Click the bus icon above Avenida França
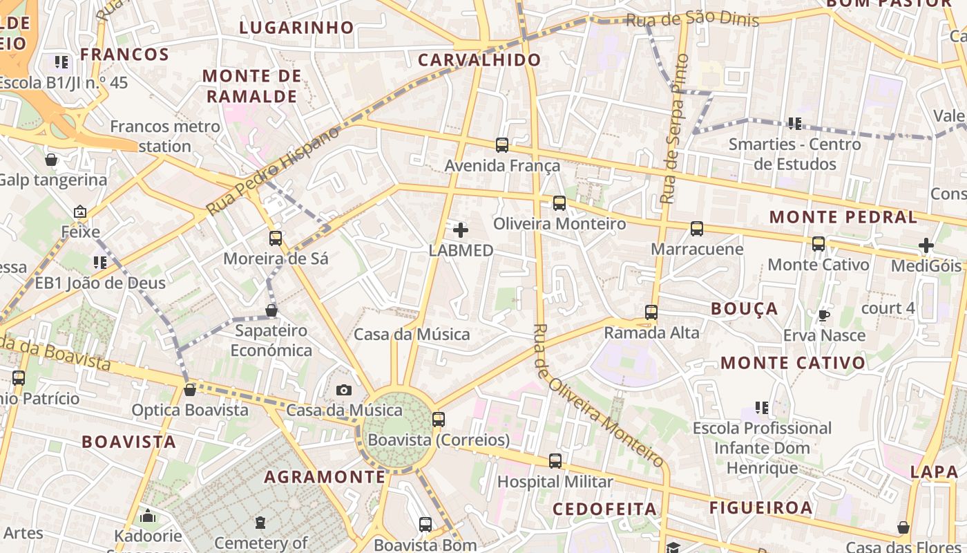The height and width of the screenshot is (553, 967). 502,145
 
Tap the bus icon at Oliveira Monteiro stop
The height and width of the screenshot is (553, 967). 559,203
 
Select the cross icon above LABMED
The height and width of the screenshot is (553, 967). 461,229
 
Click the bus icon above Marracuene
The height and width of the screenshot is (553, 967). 697,229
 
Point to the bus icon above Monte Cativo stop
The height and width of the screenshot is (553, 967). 818,244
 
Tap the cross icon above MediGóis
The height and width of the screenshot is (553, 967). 926,245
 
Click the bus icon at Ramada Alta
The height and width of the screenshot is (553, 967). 651,312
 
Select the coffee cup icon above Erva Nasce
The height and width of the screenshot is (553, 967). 823,315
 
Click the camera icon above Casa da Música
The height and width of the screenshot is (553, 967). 344,391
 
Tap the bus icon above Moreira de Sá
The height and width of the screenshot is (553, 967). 276,238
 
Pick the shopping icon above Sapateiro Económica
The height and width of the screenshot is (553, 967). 271,310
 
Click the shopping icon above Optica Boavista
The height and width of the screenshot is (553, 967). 190,390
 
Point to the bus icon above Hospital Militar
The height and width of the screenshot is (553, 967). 555,461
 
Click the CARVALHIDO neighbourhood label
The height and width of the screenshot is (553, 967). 479,60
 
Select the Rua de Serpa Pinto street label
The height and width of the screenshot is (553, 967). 675,129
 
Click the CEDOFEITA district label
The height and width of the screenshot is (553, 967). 605,509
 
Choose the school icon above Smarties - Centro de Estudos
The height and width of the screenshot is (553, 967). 794,124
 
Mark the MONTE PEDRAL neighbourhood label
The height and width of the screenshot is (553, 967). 843,217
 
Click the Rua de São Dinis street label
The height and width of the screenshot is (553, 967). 692,19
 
